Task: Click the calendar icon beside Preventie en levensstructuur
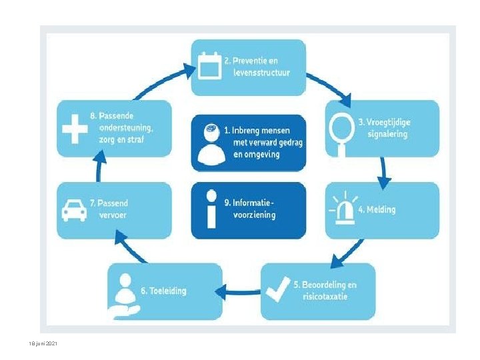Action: [209, 65]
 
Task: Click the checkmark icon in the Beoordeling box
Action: [278, 289]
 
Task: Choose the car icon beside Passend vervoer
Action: [74, 210]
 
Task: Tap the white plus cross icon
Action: [75, 129]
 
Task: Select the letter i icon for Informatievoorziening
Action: [211, 209]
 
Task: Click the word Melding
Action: [381, 209]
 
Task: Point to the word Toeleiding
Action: [168, 291]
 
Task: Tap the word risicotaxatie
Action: [325, 296]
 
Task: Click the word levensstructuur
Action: [262, 73]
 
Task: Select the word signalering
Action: [387, 134]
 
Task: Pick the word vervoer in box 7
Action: [113, 215]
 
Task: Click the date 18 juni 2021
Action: [43, 343]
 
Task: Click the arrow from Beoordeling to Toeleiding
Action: [238, 292]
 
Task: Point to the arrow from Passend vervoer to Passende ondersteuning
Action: [99, 167]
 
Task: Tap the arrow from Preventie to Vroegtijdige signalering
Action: [330, 89]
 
